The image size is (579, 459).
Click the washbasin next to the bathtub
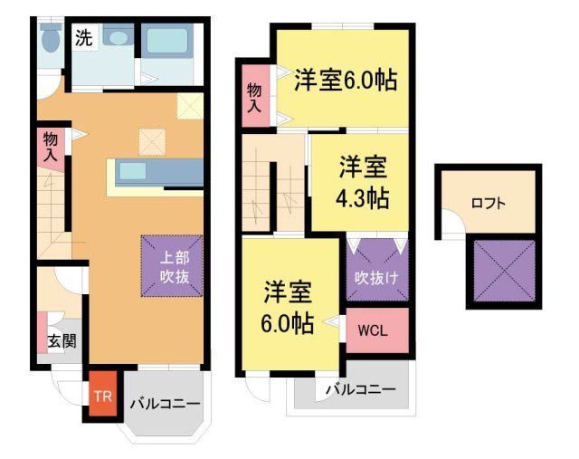tap(116, 38)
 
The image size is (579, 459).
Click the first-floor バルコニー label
tap(164, 404)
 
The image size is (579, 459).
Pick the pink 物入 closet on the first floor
tap(51, 148)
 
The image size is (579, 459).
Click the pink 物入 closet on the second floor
tap(254, 97)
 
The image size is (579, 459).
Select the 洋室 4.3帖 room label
tap(364, 182)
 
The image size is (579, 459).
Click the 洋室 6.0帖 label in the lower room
tap(289, 307)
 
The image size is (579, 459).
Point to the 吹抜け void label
tap(376, 276)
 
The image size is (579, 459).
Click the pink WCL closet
tap(376, 330)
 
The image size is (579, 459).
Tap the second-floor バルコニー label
tap(360, 390)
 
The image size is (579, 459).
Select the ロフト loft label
tap(489, 203)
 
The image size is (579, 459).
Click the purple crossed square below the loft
tap(504, 270)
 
